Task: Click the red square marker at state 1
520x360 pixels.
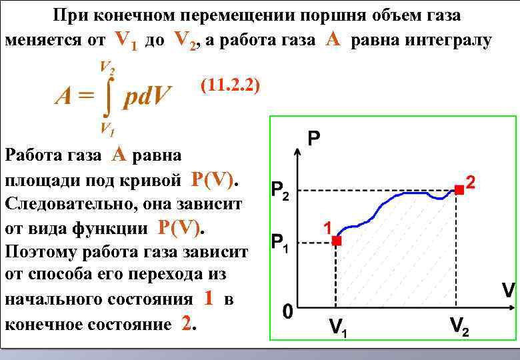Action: [x=337, y=241]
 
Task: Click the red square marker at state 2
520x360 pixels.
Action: [x=459, y=190]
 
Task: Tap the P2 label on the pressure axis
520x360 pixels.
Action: [x=281, y=191]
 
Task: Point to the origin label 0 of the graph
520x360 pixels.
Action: [x=287, y=312]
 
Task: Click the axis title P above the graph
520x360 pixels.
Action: [x=314, y=139]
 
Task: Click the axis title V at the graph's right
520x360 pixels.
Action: [x=508, y=291]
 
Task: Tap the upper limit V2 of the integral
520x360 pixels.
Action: [x=106, y=67]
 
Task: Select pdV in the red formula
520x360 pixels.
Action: [x=149, y=98]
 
